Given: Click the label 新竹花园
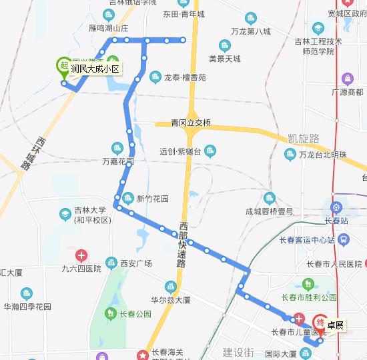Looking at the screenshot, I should tap(153, 198).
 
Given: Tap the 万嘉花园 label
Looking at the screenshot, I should tap(117, 161).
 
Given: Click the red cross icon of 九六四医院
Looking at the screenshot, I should tap(80, 255).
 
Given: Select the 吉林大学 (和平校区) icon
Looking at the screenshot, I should tap(65, 214).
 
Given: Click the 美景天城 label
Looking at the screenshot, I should tap(224, 59).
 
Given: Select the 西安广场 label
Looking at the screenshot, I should tap(136, 263).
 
